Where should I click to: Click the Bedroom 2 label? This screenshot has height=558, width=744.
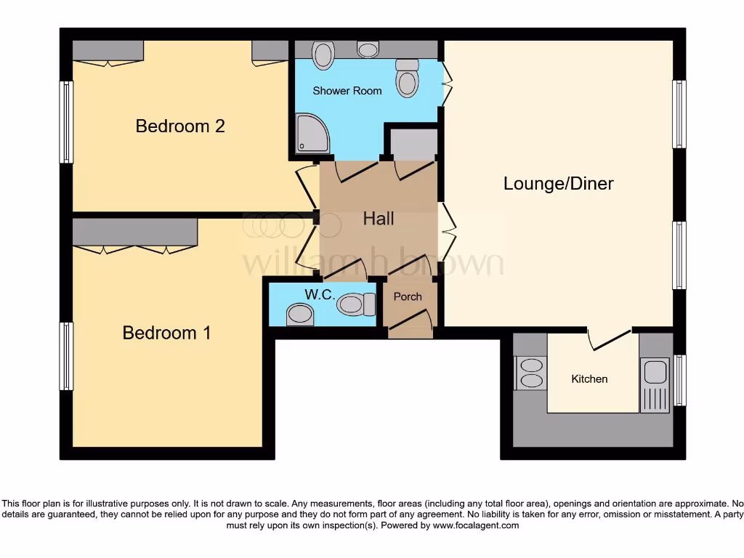click(180, 126)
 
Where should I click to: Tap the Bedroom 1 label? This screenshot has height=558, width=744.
click(167, 333)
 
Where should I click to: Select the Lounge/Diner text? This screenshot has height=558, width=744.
click(558, 183)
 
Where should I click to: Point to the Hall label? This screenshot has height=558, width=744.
click(379, 218)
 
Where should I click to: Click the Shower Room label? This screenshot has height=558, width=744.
click(347, 91)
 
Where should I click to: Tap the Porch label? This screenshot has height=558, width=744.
click(408, 296)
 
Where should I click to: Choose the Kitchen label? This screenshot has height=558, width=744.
click(589, 379)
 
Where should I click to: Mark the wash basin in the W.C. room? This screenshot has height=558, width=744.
click(299, 315)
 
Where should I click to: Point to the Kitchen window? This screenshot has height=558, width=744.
click(679, 379)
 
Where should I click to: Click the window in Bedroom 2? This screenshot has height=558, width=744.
click(66, 121)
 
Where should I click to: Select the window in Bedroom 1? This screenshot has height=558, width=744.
click(66, 356)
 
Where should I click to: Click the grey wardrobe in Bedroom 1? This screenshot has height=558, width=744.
click(135, 232)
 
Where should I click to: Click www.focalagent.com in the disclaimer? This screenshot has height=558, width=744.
click(475, 525)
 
